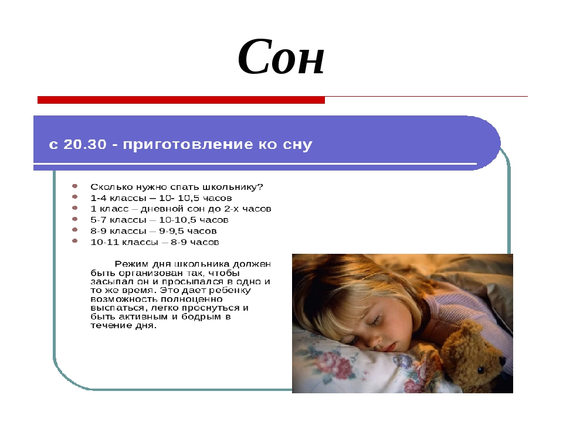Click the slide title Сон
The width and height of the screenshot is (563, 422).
(281, 57)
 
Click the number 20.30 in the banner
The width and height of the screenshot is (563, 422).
(85, 144)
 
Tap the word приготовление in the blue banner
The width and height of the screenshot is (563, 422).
(188, 145)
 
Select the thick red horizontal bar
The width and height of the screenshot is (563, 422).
(181, 100)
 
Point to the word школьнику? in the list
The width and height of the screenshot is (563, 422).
(233, 187)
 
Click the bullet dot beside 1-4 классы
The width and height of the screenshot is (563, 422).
(74, 197)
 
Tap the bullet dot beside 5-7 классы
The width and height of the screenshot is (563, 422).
(74, 219)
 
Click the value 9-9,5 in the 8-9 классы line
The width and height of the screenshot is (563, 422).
(173, 231)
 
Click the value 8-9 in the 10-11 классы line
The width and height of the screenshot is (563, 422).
(178, 242)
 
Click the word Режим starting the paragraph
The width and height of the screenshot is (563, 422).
(132, 264)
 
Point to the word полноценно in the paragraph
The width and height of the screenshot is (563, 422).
(191, 300)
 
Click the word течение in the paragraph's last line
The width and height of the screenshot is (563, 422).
(108, 326)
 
